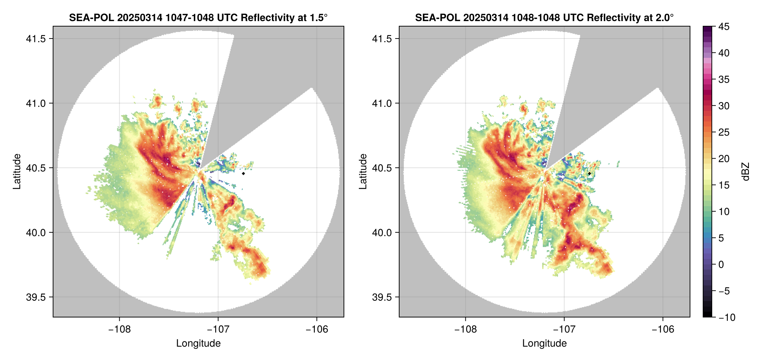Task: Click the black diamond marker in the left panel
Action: pyautogui.click(x=243, y=173)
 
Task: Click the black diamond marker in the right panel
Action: pyautogui.click(x=589, y=173)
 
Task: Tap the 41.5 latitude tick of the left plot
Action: pyautogui.click(x=36, y=39)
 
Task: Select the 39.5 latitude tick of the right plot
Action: pyautogui.click(x=382, y=297)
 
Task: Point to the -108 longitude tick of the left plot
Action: pyautogui.click(x=119, y=329)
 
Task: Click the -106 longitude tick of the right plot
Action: pyautogui.click(x=663, y=329)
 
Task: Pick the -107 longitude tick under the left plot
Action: pyautogui.click(x=218, y=329)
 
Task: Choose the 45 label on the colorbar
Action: pyautogui.click(x=724, y=27)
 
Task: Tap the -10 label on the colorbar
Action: pyautogui.click(x=727, y=317)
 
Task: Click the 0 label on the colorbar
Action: pyautogui.click(x=721, y=264)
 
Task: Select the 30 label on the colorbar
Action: pyautogui.click(x=724, y=106)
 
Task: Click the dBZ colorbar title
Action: pyautogui.click(x=746, y=172)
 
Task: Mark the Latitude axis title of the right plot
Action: pyautogui.click(x=363, y=172)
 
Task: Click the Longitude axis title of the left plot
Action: pyautogui.click(x=198, y=343)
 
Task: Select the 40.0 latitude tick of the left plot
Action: pyautogui.click(x=36, y=232)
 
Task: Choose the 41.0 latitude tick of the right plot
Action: pyautogui.click(x=382, y=103)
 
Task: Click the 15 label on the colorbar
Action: pyautogui.click(x=724, y=185)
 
